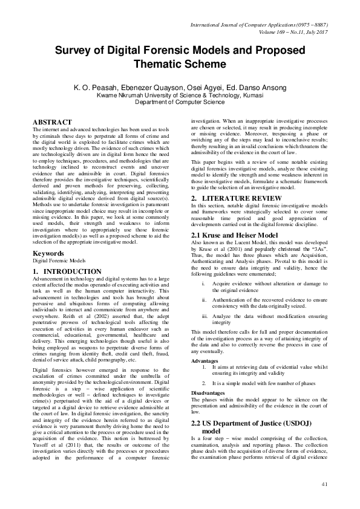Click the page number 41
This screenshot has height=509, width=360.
coord(324,483)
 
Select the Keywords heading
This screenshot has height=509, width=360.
coord(49,254)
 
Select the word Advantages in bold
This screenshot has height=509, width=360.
coord(205,360)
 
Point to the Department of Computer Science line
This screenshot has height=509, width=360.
coord(180,102)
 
